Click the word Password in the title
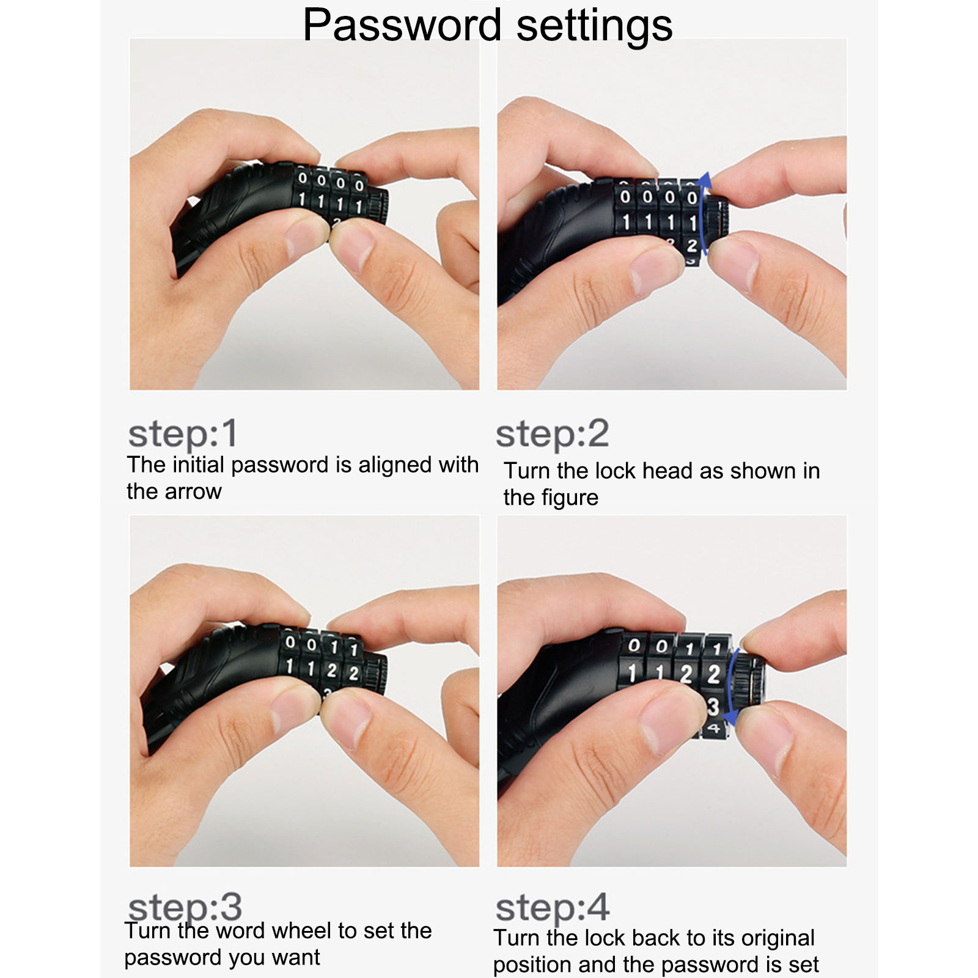coord(402,25)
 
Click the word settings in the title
coord(595,26)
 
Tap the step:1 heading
coord(182,435)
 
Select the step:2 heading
coord(552,435)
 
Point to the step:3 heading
coord(185,908)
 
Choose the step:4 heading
coord(553,908)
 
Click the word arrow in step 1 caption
coord(194,492)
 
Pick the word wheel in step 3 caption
coord(304,931)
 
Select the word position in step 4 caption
coord(532,965)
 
